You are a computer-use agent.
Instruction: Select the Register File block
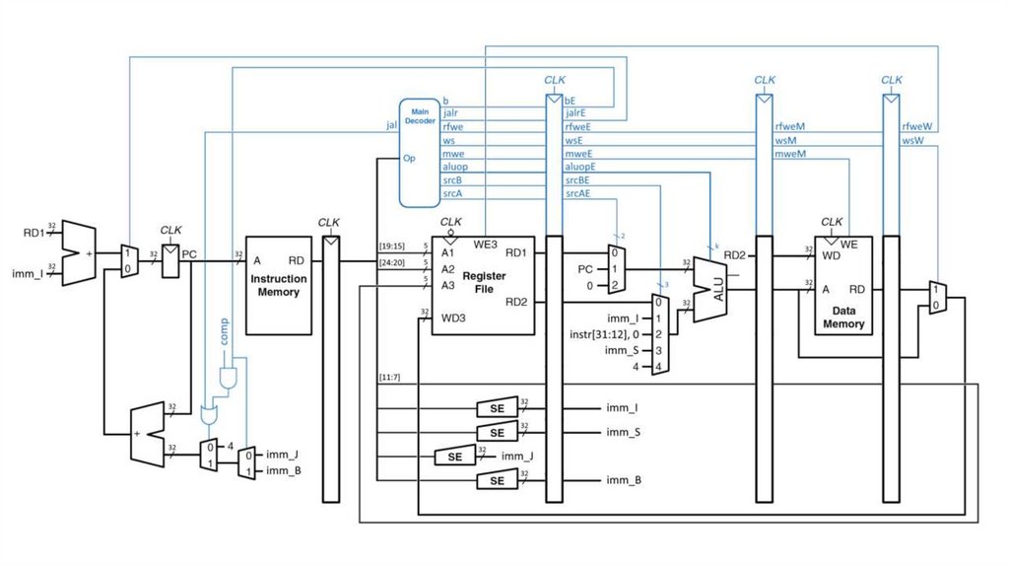483,284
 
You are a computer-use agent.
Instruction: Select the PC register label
190,255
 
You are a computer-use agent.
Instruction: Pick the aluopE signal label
580,168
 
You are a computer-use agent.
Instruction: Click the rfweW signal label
919,126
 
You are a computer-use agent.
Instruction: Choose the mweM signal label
790,154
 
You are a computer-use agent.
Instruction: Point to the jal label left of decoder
391,126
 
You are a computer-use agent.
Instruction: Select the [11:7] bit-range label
390,378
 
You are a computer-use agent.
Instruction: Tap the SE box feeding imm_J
454,457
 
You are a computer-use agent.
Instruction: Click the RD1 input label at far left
34,233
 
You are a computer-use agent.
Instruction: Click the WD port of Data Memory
830,257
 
